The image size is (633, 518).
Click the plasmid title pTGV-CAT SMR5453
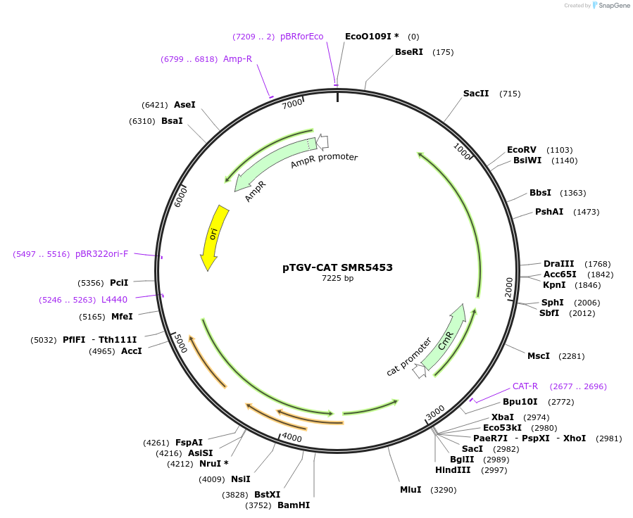(337, 267)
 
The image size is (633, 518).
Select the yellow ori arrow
(213, 238)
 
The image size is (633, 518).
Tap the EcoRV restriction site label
(521, 150)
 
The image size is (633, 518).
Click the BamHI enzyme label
(293, 505)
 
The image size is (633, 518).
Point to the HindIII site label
(452, 470)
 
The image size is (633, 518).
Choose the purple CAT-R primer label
(525, 386)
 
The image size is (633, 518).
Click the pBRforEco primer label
(301, 37)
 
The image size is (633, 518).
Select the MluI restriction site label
(410, 489)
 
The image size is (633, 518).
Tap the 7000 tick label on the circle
(292, 103)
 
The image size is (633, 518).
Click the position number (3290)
(444, 489)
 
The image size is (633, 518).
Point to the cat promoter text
(408, 358)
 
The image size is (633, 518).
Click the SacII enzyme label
(475, 94)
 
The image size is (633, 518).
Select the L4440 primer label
(114, 299)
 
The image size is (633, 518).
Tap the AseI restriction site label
(184, 105)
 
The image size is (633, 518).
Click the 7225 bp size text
(337, 279)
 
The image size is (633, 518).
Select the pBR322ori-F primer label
(101, 254)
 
